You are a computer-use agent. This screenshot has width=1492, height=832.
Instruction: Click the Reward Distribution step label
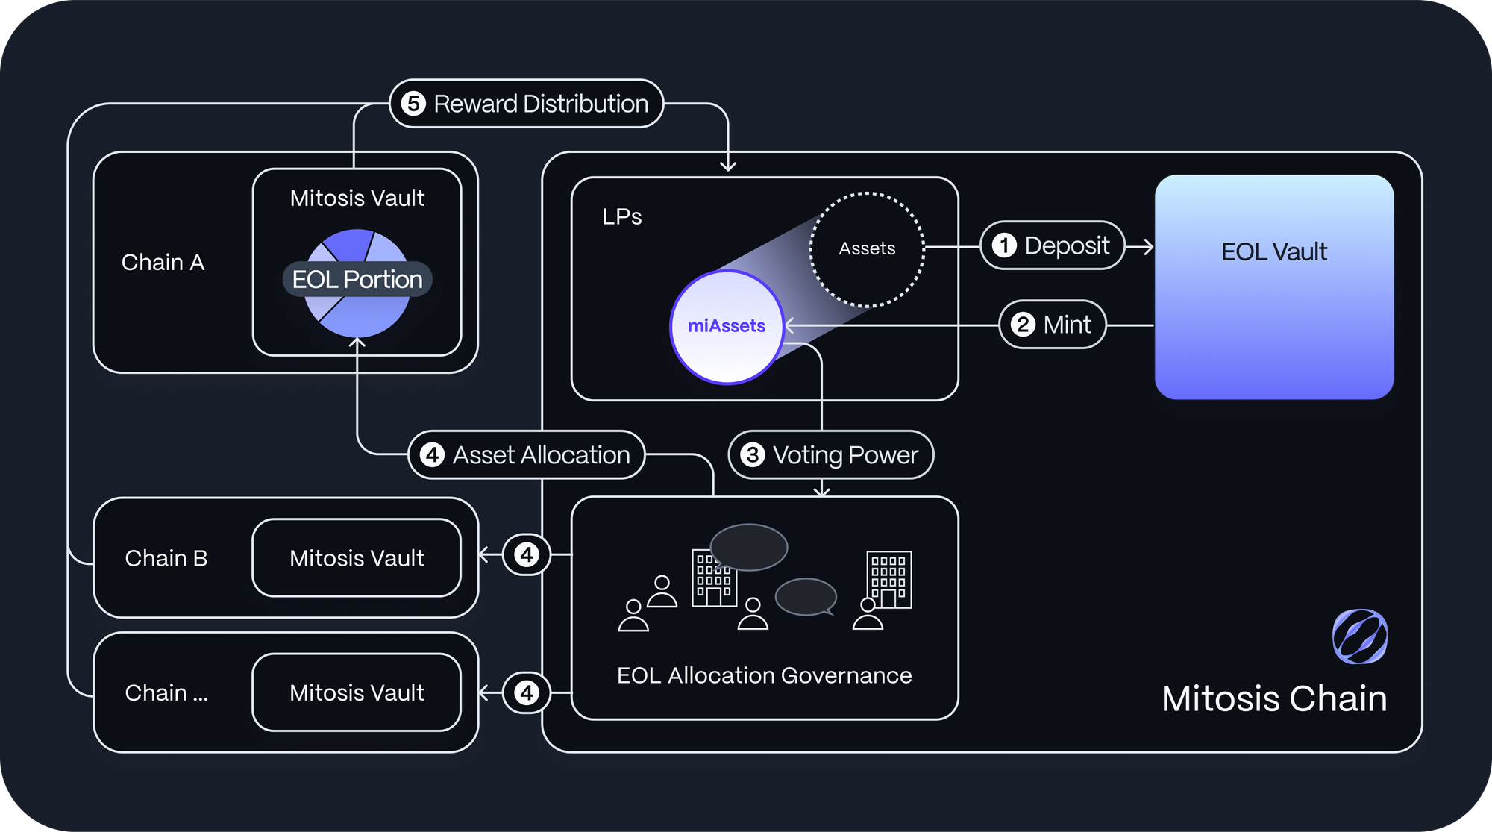point(527,104)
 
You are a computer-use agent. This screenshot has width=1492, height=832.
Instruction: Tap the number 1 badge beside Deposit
point(1004,245)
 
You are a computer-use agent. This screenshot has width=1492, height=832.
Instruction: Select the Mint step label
point(1053,325)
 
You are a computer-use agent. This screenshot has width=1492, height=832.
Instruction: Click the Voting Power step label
point(831,454)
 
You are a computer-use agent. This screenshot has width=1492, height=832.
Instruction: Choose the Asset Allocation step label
point(527,454)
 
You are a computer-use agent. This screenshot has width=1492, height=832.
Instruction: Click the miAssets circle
point(727,327)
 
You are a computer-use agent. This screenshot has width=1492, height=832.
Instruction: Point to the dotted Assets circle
point(867,249)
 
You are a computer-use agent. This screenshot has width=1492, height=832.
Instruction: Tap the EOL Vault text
point(1274,252)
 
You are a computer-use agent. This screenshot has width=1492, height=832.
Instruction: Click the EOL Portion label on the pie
point(357,279)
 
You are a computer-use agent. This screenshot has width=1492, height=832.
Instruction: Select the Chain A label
point(163,263)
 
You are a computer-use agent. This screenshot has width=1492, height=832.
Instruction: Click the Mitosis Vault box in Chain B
point(357,558)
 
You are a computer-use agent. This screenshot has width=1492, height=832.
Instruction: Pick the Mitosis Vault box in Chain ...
point(357,692)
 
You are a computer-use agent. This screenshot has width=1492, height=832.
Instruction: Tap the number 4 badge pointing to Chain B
point(527,554)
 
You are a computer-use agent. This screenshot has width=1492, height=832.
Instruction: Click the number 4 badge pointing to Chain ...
point(527,692)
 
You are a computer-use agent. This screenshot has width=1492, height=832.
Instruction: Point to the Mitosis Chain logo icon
point(1360,636)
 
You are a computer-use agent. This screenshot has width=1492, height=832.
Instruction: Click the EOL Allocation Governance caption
point(765,675)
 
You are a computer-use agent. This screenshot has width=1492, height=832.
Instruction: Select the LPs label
point(622,217)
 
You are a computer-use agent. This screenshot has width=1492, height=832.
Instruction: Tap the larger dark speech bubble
point(749,548)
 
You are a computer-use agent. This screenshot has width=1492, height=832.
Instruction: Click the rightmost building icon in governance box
point(889,580)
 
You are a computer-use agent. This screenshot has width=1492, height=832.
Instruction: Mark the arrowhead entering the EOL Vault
point(1149,246)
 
